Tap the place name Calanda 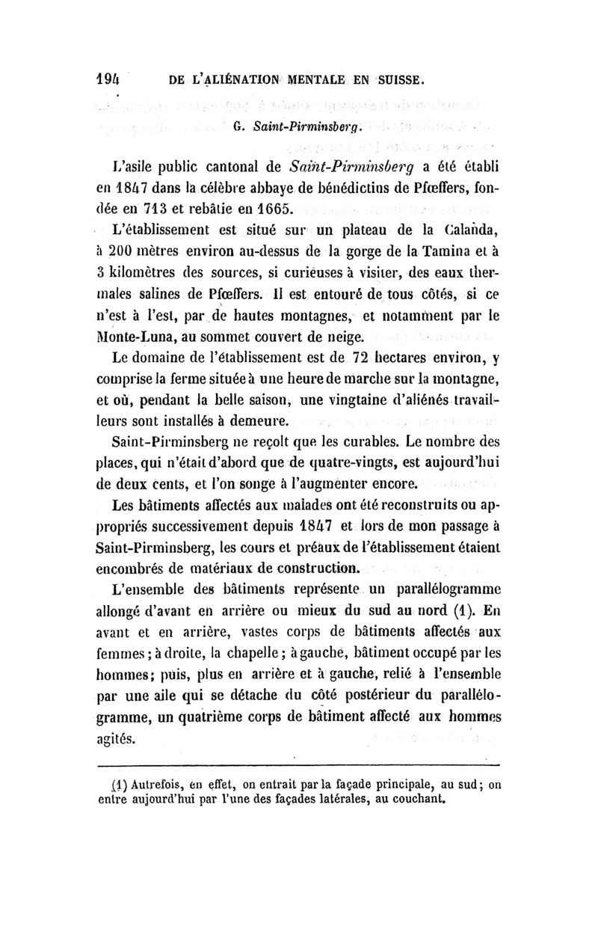click(x=472, y=226)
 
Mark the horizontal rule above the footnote click(x=299, y=764)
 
